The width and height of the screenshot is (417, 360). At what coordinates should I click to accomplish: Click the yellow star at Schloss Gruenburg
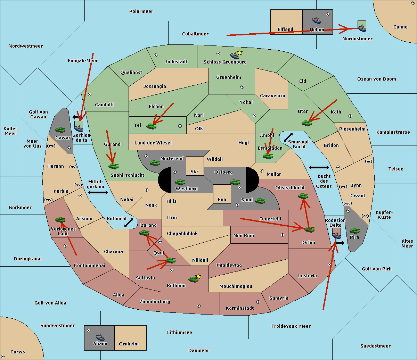tap(239, 52)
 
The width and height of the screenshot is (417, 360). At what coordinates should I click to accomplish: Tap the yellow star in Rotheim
tap(198, 276)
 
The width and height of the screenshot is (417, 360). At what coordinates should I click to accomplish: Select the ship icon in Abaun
tap(100, 337)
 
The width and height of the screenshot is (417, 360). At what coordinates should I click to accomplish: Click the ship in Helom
tap(317, 20)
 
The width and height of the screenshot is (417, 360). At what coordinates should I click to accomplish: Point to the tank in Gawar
tap(60, 129)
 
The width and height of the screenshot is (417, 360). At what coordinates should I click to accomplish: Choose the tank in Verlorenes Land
tap(60, 219)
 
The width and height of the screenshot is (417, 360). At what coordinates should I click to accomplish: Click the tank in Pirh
tap(354, 231)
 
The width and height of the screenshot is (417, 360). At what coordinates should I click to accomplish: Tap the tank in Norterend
tap(155, 163)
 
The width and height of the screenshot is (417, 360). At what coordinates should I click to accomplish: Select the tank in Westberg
tap(180, 182)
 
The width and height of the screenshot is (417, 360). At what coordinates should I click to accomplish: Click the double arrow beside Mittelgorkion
tap(98, 193)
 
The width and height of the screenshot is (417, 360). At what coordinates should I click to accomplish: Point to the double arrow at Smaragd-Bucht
tap(288, 137)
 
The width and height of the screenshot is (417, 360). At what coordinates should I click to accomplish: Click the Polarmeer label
tap(141, 11)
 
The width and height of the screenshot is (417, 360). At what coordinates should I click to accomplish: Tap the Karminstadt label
tap(240, 308)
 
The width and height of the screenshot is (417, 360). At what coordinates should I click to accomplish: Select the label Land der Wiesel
tap(153, 143)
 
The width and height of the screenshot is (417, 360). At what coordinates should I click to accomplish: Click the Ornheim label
tap(129, 344)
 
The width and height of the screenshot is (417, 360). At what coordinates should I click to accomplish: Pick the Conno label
tap(400, 27)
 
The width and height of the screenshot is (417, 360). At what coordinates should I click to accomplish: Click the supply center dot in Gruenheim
tap(242, 87)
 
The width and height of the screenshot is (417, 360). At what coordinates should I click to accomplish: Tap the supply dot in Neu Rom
tap(283, 235)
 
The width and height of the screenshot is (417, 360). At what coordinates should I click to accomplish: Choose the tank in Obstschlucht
tap(303, 196)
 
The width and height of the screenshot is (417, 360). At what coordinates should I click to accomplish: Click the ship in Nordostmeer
tap(362, 26)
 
